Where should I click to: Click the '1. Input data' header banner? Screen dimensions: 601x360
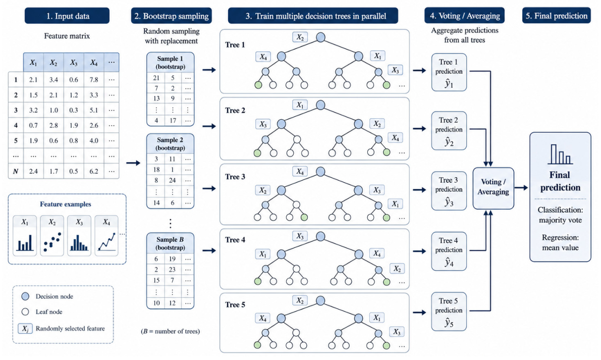pos(67,16)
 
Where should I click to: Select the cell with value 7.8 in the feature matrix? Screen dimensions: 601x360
pos(94,80)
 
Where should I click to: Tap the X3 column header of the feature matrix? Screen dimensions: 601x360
pos(74,63)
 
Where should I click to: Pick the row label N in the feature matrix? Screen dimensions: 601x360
pos(16,171)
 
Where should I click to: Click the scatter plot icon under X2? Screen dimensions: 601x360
pos(52,241)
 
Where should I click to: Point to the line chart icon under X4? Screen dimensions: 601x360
pos(106,241)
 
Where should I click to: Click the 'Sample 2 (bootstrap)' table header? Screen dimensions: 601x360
pos(171,144)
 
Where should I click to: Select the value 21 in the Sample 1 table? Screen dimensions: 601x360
pos(156,78)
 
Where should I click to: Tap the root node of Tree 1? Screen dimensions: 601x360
pos(321,37)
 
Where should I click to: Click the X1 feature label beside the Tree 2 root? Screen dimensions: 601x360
pos(300,105)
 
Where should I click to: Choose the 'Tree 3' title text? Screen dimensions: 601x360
pos(235,177)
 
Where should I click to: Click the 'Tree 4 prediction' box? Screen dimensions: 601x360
pos(449,251)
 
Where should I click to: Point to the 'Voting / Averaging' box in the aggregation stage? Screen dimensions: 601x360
pos(494,188)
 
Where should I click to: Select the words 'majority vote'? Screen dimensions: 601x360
pos(560,220)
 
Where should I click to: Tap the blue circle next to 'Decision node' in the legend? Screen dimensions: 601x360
pos(25,296)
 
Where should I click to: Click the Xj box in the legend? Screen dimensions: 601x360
pos(25,329)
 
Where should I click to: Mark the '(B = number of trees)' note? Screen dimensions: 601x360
pos(171,331)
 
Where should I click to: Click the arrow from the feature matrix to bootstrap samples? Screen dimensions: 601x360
pos(133,163)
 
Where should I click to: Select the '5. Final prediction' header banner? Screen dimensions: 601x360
pos(557,16)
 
